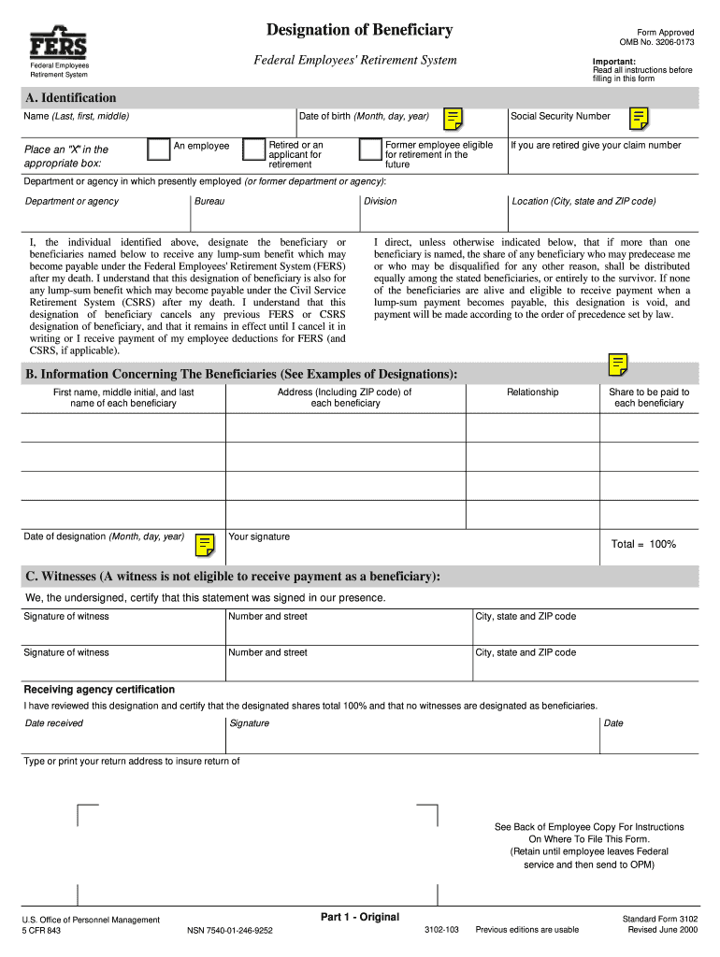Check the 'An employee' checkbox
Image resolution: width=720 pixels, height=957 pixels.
(159, 150)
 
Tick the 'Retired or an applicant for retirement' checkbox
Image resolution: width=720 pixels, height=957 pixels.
(252, 150)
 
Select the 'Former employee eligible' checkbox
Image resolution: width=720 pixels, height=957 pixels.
(369, 150)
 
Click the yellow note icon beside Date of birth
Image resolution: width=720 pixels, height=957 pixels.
(453, 119)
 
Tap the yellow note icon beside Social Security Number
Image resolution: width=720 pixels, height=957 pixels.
(639, 119)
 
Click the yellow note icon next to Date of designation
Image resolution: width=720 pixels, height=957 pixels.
(206, 544)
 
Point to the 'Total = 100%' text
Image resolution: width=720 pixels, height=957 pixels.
(643, 544)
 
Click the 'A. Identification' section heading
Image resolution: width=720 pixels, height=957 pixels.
(71, 98)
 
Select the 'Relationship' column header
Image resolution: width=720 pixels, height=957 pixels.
(532, 393)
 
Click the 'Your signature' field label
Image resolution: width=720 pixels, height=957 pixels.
(259, 536)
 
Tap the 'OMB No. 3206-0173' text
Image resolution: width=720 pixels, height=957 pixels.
(656, 42)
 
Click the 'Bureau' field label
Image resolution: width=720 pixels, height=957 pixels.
(209, 201)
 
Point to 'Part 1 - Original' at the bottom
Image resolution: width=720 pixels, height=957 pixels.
(359, 916)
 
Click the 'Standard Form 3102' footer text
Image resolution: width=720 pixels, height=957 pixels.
(660, 920)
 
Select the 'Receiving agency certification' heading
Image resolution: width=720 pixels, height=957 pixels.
(99, 690)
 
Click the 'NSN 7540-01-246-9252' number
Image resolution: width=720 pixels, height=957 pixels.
(230, 930)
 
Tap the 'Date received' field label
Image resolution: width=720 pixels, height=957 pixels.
(54, 723)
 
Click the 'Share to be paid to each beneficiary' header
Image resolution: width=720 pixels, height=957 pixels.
(649, 398)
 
